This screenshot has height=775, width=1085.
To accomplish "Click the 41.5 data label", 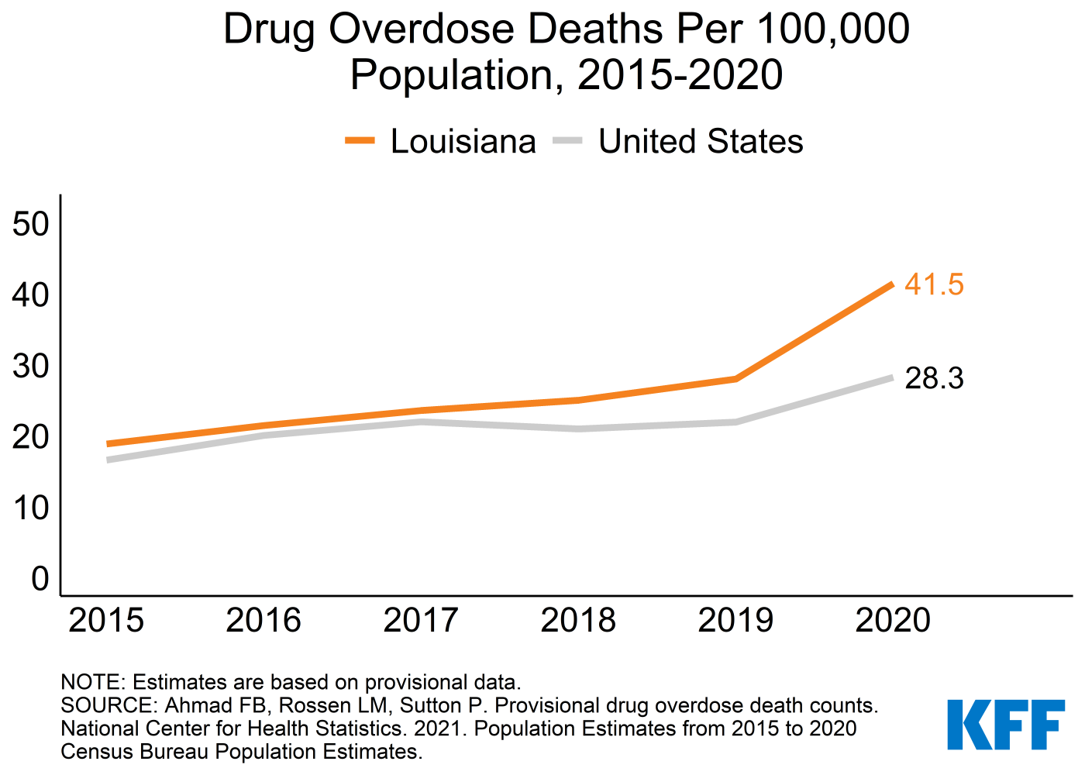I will [x=934, y=285].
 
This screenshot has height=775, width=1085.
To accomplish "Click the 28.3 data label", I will [x=934, y=379].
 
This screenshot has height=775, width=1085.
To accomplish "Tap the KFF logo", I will [x=1006, y=725].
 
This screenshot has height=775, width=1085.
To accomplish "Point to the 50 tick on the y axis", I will [x=31, y=225].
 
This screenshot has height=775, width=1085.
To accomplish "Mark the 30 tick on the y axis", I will [x=31, y=367].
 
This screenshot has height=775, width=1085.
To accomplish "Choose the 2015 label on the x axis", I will [x=106, y=621].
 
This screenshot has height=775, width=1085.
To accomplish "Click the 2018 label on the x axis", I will [x=578, y=621].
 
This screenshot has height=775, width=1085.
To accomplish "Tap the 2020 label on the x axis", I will [x=893, y=621].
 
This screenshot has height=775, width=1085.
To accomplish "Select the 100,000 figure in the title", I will [x=833, y=29].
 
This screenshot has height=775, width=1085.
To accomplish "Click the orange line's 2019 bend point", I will [x=735, y=379].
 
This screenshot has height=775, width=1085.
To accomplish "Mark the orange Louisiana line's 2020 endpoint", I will [x=892, y=284].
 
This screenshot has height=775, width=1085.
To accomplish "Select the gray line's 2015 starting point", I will [x=108, y=460].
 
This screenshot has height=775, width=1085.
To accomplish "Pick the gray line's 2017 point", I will [x=422, y=422].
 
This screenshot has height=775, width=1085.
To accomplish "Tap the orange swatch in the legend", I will [x=360, y=141].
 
